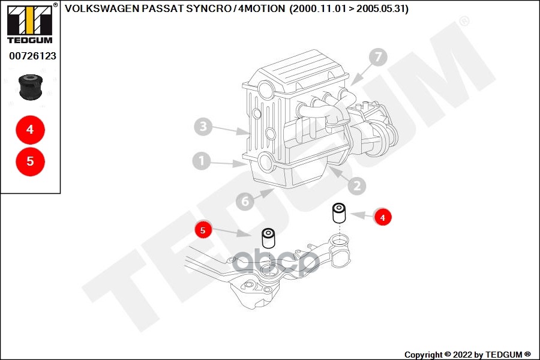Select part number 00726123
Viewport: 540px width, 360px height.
click(32, 56)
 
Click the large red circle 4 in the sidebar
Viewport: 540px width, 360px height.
click(30, 129)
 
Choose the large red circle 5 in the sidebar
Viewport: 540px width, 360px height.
click(30, 161)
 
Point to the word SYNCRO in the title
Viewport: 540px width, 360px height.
click(209, 9)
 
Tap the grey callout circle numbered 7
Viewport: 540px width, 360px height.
click(377, 58)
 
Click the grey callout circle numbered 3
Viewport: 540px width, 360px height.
click(203, 127)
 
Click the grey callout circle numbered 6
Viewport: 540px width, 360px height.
click(245, 202)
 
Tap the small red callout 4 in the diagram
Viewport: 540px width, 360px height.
click(382, 217)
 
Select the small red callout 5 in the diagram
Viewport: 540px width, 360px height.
click(203, 230)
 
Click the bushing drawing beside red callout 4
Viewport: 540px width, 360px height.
click(340, 213)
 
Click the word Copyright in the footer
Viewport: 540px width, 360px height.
click(424, 355)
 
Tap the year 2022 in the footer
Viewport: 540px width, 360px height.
click(466, 355)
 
